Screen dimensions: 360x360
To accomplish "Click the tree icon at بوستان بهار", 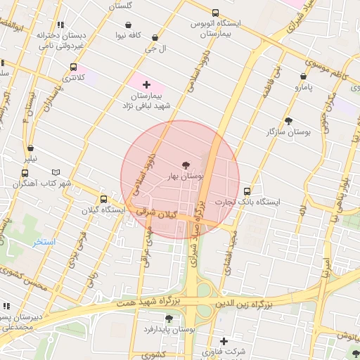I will coord(186,165).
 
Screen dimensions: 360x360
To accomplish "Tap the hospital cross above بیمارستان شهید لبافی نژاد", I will coord(146,84).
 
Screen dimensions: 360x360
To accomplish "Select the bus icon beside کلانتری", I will coord(73,67).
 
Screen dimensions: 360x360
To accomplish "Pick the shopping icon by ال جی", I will coord(155,38).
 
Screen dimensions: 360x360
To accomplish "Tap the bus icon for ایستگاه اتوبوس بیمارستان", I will coord(214,13).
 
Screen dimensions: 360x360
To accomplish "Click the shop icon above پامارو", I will coord(303,76).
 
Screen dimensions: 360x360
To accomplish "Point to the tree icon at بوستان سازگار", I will coord(288,121).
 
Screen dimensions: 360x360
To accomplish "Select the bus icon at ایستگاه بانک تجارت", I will coord(247,191).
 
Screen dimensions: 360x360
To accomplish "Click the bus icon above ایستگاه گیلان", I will coord(104,199).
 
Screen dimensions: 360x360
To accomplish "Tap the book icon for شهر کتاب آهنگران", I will coord(56,172).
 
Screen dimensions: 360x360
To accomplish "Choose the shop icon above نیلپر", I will coord(30,148).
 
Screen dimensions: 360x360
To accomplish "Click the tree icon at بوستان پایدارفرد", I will coord(169,318).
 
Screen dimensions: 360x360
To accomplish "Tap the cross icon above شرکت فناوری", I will coord(224,341).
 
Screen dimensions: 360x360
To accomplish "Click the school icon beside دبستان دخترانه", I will coord(61,25).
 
